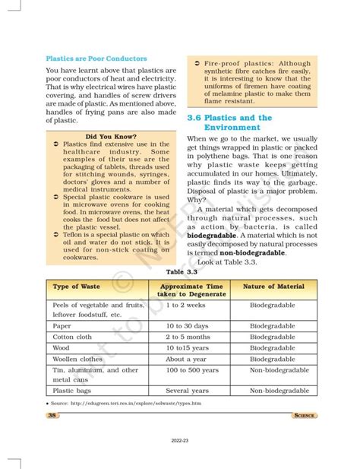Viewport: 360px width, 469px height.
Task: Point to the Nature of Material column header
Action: (x=273, y=287)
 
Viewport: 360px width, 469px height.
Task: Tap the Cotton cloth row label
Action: (x=74, y=336)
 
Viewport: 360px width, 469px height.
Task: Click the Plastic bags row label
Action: (x=74, y=390)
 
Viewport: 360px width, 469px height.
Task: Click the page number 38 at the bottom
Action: (x=52, y=415)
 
